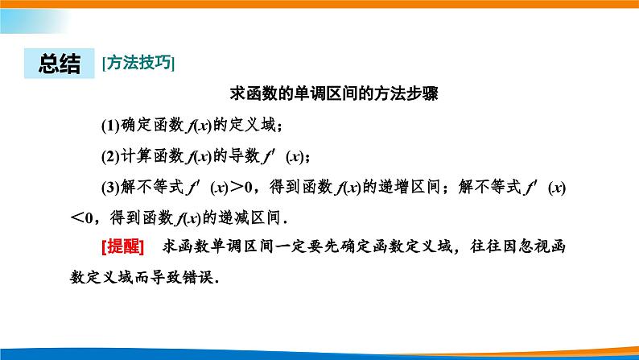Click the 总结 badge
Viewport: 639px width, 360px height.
[x=60, y=63]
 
